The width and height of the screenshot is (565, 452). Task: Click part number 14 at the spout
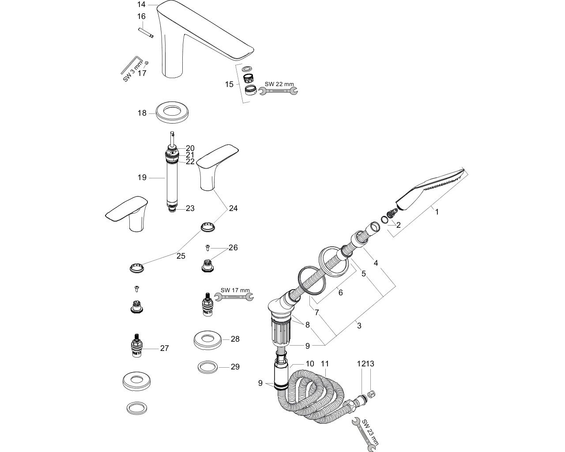click(x=141, y=4)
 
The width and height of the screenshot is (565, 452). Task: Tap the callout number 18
click(x=141, y=113)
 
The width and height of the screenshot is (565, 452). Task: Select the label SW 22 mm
click(x=279, y=84)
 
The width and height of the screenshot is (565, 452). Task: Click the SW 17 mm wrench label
click(x=235, y=290)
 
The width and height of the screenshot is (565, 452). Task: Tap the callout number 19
click(x=141, y=177)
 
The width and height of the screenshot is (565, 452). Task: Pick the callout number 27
click(x=164, y=348)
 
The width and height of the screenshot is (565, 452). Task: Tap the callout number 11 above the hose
click(x=325, y=364)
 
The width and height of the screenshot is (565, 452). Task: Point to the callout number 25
click(x=181, y=256)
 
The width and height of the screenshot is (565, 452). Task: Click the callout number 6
click(x=340, y=292)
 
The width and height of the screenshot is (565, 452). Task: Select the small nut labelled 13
click(x=371, y=392)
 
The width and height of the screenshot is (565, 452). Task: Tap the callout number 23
click(x=190, y=208)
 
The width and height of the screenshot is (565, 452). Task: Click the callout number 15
click(x=229, y=84)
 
